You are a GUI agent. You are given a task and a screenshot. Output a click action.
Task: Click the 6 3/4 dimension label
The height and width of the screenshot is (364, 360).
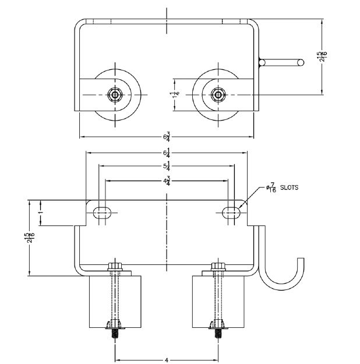pos(168,137)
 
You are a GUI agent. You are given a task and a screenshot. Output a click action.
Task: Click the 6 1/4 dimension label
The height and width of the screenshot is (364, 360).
pos(168,154)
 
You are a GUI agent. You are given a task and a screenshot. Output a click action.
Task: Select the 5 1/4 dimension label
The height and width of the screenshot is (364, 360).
pos(168,167)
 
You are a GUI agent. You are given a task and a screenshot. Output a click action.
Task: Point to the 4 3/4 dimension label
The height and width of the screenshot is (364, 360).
pos(168,181)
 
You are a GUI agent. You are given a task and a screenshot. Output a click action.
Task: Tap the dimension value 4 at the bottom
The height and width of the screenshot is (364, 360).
pos(167,360)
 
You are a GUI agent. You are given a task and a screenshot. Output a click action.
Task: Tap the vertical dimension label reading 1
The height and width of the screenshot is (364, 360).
pos(40,213)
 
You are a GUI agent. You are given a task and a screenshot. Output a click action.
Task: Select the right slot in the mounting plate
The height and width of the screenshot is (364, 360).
pos(231,213)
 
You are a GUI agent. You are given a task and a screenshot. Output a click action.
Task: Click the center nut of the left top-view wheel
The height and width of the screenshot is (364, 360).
pos(116,94)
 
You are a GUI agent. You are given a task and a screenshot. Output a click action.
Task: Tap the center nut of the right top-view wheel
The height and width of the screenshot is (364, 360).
pos(218,94)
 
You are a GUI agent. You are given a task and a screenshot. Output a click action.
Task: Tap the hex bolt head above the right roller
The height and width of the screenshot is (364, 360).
pos(218,267)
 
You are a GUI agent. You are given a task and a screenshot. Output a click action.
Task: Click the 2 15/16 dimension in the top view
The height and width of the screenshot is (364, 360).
pos(322,56)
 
